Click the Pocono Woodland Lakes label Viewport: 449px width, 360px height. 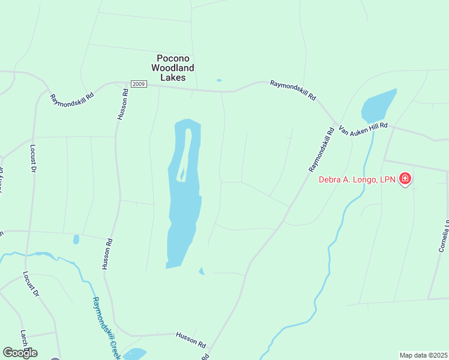pos(173,68)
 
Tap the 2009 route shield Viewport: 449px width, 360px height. pos(139,84)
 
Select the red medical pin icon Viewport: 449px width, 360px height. pos(405,179)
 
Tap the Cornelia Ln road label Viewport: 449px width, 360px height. pos(443,237)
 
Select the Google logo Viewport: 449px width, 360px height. pos(20,353)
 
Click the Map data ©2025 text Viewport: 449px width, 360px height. pos(423,355)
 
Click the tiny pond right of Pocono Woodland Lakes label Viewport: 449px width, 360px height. pos(218,80)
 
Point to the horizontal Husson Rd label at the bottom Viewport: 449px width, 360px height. pos(191,340)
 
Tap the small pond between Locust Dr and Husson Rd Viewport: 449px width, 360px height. pos(76,239)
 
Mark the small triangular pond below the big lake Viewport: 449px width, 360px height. pos(202,271)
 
